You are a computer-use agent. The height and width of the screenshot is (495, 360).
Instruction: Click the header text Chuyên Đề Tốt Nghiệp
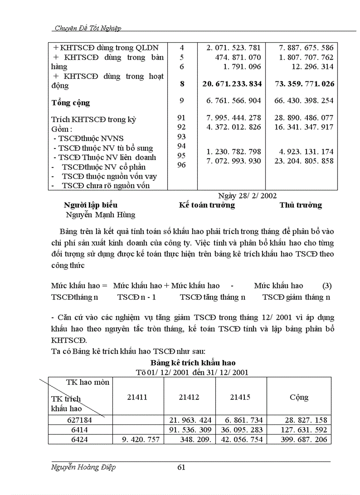coord(87,28)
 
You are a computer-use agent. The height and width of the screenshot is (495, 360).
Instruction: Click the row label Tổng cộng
coord(71,103)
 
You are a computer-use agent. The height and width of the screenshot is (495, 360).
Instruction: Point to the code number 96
coord(182,165)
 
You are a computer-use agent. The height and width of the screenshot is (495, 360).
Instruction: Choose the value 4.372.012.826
coord(234,127)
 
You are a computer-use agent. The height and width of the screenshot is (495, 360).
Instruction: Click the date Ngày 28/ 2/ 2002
coord(247,195)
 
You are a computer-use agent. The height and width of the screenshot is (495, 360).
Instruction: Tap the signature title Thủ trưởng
coord(300,205)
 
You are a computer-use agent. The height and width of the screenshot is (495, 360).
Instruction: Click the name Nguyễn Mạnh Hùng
coord(101,215)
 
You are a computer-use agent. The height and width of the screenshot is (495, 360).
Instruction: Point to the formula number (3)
coord(327,286)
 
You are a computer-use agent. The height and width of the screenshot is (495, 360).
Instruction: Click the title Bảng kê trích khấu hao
coord(193,363)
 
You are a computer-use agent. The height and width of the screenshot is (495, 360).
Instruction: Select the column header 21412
coord(189,397)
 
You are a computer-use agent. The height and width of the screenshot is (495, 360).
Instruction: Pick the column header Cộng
coord(299,397)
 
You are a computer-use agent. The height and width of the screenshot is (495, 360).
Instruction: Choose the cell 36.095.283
coord(241,430)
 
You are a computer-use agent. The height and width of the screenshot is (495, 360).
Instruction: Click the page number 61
coord(181,468)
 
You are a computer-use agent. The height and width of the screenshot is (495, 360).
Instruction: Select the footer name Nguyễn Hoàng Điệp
coord(84,468)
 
